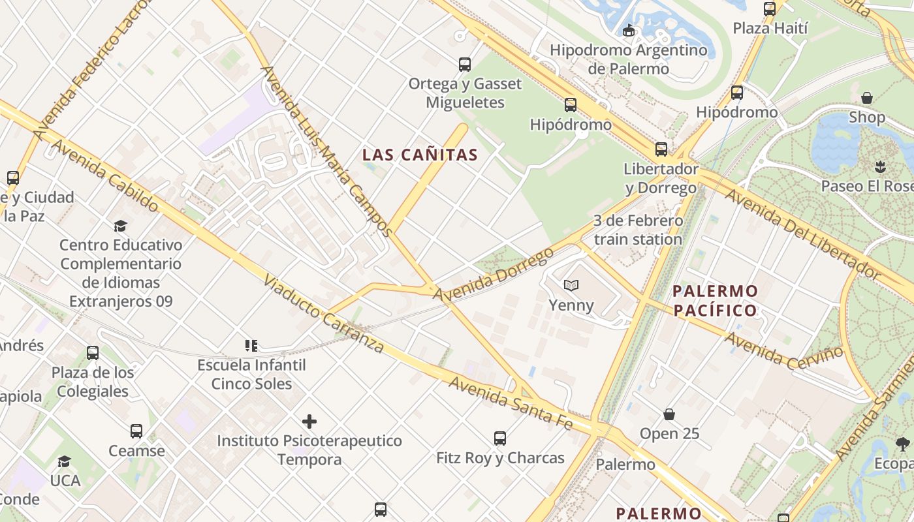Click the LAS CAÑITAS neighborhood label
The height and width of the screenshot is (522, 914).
(420, 155)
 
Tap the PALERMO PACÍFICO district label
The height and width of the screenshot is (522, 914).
(715, 300)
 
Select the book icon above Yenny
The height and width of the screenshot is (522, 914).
(571, 286)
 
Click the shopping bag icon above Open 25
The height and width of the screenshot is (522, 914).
(669, 414)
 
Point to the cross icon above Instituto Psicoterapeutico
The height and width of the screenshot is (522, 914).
(309, 422)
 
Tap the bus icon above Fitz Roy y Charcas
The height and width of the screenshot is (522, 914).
(500, 438)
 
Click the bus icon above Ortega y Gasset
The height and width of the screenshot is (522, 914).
(465, 65)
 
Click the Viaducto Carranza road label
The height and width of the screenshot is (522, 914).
(324, 314)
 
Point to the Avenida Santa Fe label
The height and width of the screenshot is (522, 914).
(511, 402)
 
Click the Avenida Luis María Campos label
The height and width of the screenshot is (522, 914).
(326, 150)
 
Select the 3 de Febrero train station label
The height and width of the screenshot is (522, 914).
(638, 230)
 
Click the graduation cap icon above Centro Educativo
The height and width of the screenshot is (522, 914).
(120, 226)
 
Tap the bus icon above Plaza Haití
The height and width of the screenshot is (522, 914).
(770, 9)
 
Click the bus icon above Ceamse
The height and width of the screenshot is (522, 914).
(136, 431)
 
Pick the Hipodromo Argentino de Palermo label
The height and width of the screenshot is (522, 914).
(628, 59)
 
